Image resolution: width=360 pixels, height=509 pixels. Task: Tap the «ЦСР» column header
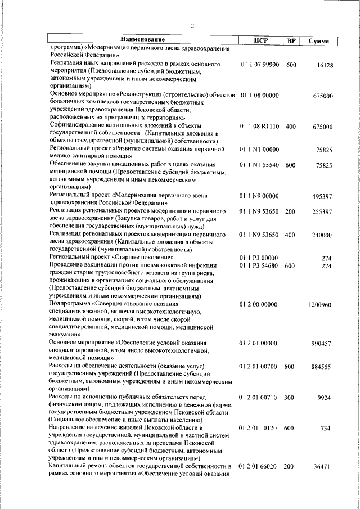(x=260, y=40)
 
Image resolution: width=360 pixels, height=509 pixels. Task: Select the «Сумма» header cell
(x=319, y=40)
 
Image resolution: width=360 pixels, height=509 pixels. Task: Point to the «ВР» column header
(x=291, y=40)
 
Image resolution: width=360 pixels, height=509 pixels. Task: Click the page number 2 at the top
(x=192, y=25)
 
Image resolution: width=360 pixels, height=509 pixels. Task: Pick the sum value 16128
(x=325, y=65)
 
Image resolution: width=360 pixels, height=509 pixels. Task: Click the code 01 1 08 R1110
(x=259, y=127)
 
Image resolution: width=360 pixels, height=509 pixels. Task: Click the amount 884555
(x=322, y=366)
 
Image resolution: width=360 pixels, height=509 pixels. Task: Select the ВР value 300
(x=291, y=397)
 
